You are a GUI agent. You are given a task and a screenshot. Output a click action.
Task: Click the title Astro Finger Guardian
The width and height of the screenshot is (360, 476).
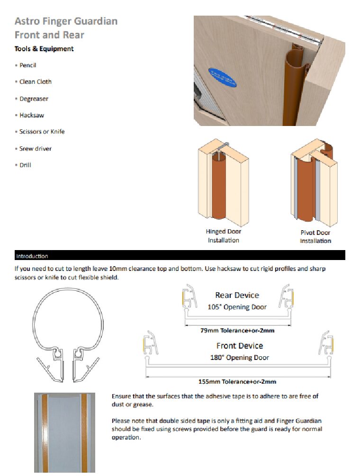[x=66, y=21]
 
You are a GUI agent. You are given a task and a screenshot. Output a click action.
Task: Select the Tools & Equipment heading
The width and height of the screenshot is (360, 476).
[x=44, y=49]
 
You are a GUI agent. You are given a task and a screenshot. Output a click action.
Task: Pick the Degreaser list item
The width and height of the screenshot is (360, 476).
[x=34, y=99]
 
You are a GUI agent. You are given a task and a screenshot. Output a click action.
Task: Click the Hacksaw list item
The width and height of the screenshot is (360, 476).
[x=32, y=115]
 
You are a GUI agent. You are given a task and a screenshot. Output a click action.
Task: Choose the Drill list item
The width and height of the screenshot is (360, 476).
[x=26, y=165]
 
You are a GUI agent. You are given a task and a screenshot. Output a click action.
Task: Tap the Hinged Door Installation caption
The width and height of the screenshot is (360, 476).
[x=223, y=236]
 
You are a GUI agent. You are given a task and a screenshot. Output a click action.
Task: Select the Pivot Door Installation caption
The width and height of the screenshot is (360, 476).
[x=315, y=237]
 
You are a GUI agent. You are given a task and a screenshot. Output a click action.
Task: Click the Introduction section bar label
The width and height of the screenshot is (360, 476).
[x=32, y=256]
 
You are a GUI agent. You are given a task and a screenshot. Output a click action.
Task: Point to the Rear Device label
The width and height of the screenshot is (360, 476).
[x=237, y=296]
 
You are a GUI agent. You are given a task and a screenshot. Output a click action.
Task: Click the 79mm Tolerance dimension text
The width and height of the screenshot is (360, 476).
[x=237, y=331]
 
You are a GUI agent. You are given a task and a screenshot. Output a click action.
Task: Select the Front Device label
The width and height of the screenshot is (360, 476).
[x=239, y=346]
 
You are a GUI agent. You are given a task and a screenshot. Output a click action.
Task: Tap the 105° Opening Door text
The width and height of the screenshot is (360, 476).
[x=237, y=307]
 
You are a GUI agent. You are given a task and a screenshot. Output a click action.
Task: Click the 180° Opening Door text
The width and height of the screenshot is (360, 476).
[x=239, y=358]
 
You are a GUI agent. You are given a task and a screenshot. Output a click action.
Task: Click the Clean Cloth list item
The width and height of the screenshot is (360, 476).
[x=36, y=82]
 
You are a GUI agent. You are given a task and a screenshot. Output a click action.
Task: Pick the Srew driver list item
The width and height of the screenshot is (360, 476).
[x=36, y=149]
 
